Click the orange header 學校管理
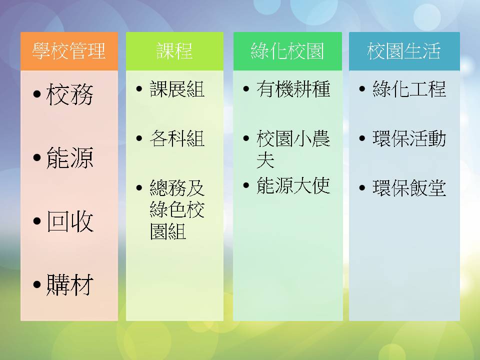pos(69,51)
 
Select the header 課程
pos(174,51)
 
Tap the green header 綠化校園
pos(287,51)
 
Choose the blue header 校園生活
pos(404,51)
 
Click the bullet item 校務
pos(70,94)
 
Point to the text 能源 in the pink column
pos(70,157)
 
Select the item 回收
pos(70,221)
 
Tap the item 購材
pos(70,284)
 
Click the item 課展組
pos(177,89)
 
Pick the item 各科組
pos(177,138)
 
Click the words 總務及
pos(177,187)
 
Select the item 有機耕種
pos(293,89)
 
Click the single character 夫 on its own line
pos(265,160)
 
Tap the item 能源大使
pos(293,185)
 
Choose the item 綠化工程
pos(409,89)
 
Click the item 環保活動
pos(409,138)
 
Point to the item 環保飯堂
pos(409,187)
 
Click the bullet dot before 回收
pos(37,221)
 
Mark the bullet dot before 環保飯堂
pos(362,187)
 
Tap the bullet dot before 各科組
pos(139,138)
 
